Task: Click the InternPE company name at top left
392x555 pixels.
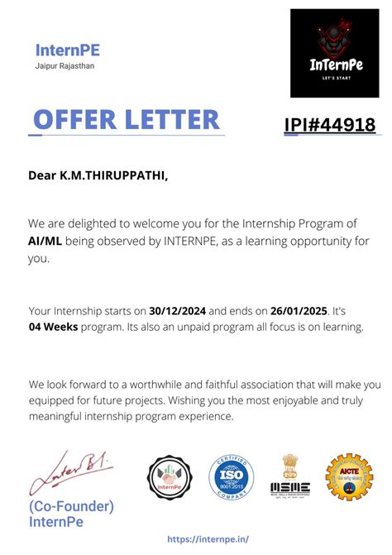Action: [x=68, y=50]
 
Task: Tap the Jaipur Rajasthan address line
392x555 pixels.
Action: [x=65, y=66]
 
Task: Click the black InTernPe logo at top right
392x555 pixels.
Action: [x=334, y=53]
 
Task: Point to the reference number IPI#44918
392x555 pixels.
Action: [x=329, y=126]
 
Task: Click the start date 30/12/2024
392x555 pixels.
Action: [x=177, y=311]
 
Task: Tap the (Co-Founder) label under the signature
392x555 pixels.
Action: [x=71, y=506]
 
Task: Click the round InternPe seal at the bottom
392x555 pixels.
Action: [x=170, y=480]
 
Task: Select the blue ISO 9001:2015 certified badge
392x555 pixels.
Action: [x=231, y=480]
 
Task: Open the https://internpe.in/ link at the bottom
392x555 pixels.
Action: [x=207, y=538]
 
